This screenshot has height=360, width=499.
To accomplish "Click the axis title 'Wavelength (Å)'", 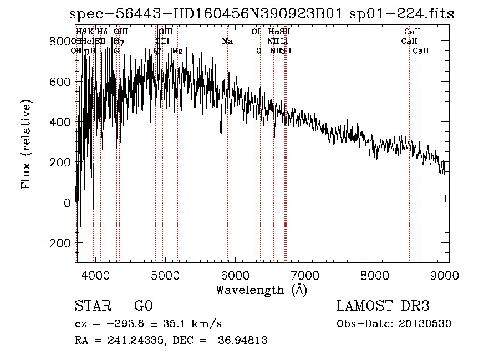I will click(261, 290).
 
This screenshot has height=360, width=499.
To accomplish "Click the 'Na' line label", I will click(227, 42).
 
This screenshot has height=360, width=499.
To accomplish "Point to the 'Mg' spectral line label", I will click(177, 51).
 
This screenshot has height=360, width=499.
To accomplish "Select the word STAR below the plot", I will click(91, 306).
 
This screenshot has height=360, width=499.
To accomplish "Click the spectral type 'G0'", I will click(144, 306).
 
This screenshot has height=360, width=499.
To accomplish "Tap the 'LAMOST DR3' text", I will click(383, 306).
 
